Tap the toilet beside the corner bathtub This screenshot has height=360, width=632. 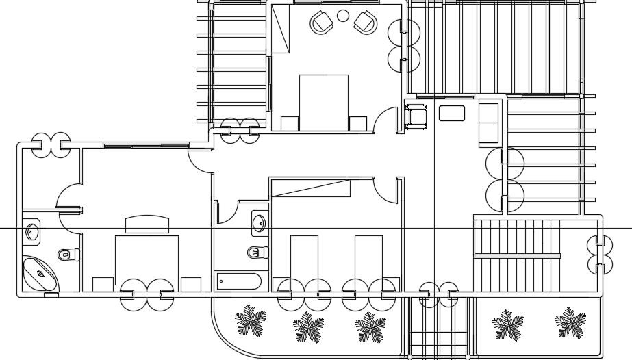point(67,255)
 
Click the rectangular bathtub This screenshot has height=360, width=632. point(238,281)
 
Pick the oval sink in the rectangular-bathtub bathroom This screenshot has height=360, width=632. point(260,222)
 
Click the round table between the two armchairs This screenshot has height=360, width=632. point(343,16)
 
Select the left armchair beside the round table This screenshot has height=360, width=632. point(321,23)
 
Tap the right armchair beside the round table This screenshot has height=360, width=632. point(366,23)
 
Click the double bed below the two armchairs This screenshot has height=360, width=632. point(323,102)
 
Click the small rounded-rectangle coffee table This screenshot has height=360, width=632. point(452,113)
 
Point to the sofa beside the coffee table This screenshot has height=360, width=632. point(488,123)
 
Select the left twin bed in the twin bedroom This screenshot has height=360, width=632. point(304,260)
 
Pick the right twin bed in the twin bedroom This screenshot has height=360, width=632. point(368,260)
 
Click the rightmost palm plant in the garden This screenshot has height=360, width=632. point(570,323)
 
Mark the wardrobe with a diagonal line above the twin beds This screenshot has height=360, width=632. point(310,188)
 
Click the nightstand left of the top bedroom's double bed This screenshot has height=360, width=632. point(290,123)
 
